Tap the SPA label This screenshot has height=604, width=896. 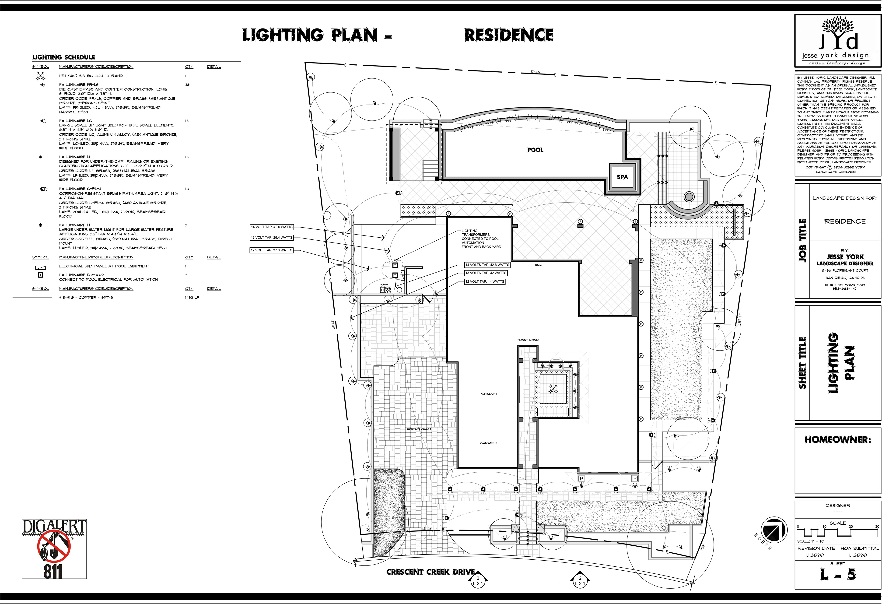[622, 177]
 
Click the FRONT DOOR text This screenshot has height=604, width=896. [528, 340]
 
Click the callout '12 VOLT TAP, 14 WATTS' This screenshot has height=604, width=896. [485, 282]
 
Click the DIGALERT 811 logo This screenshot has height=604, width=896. [54, 549]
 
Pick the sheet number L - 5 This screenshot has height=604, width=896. [838, 575]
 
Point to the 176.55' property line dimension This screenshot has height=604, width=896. [535, 72]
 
